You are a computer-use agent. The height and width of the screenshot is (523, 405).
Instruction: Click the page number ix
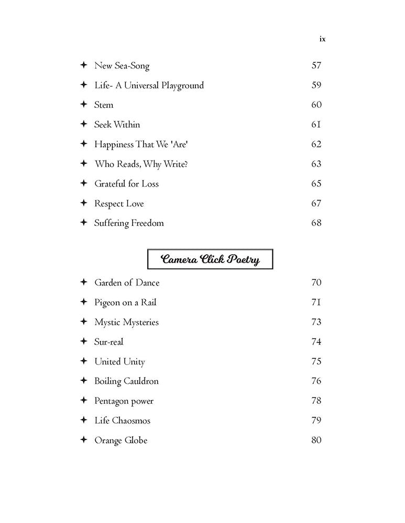[x=322, y=39]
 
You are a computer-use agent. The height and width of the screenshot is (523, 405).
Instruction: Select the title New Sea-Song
[x=122, y=66]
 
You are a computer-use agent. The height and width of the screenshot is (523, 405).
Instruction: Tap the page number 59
[x=316, y=85]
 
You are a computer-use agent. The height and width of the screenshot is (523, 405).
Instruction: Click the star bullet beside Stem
[x=83, y=105]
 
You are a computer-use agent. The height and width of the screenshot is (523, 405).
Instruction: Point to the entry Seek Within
[x=117, y=124]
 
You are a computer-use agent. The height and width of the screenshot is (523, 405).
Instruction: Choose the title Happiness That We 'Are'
[x=140, y=144]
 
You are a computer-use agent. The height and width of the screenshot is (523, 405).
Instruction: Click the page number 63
[x=316, y=164]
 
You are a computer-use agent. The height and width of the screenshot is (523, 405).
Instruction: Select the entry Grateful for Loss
[x=126, y=184]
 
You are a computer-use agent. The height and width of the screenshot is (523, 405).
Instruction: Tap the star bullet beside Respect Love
[x=83, y=203]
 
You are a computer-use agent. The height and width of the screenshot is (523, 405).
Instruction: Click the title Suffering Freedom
[x=129, y=223]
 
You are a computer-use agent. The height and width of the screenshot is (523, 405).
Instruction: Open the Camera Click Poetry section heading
[x=210, y=259]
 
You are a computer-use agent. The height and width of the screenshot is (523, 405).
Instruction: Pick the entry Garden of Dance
[x=127, y=283]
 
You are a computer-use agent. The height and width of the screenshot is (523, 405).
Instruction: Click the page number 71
[x=316, y=302]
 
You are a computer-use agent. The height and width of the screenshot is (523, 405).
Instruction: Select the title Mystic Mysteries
[x=126, y=322]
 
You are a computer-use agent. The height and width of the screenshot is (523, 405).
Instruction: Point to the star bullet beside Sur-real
[x=83, y=342]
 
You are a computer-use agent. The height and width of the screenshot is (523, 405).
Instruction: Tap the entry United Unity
[x=119, y=362]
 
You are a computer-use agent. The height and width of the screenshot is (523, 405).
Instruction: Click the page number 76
[x=316, y=381]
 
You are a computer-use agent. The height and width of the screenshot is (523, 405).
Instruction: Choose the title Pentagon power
[x=124, y=401]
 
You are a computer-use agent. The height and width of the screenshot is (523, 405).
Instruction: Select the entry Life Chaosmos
[x=122, y=420]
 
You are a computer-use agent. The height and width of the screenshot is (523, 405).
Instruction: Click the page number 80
[x=316, y=440]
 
